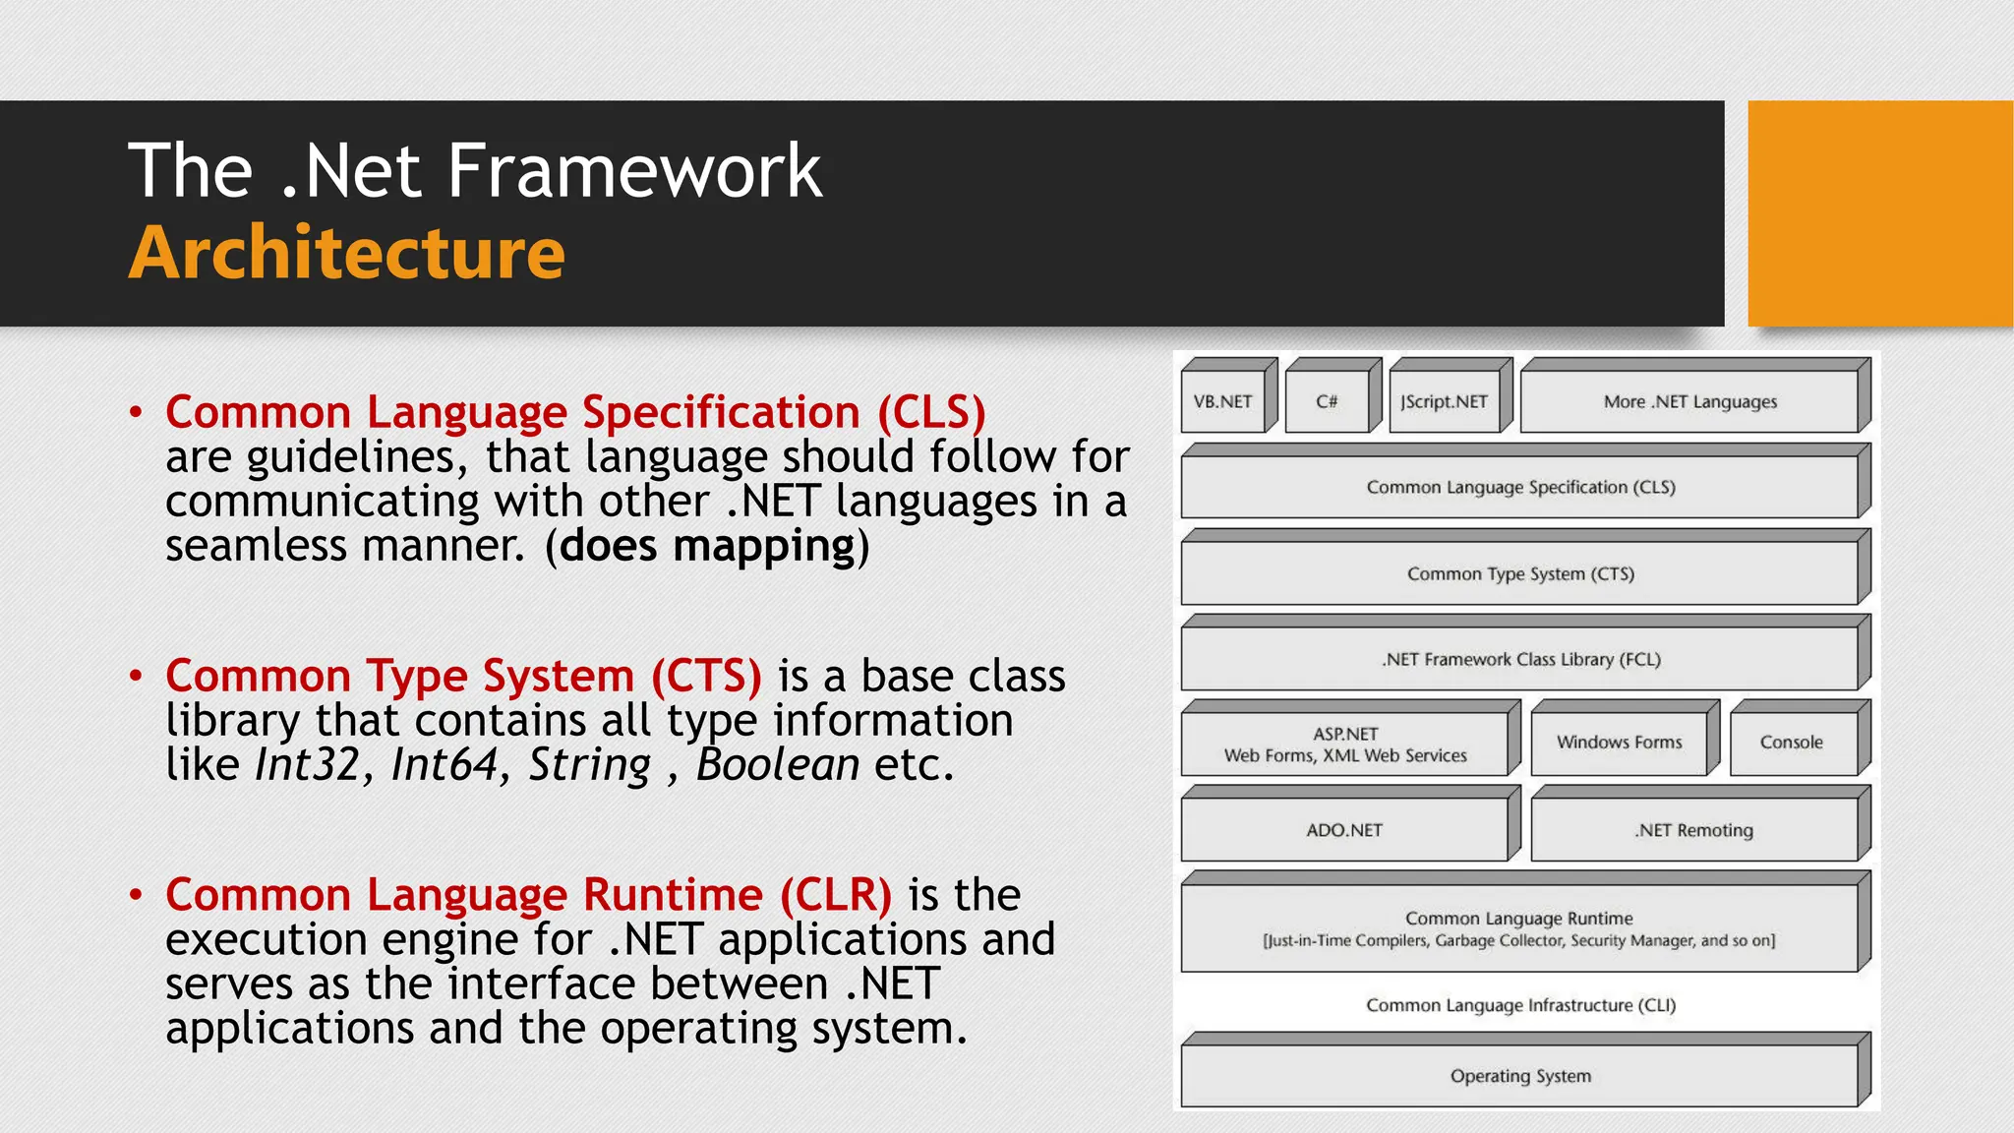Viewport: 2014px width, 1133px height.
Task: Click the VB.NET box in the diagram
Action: click(1223, 401)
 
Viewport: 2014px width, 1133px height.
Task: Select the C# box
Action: click(1327, 401)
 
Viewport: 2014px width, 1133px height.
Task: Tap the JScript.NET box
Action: click(1444, 401)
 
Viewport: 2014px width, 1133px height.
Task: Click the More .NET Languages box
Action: click(1689, 401)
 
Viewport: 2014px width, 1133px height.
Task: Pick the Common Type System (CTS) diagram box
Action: click(1520, 573)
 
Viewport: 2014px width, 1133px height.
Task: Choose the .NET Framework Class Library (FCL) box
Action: click(1520, 659)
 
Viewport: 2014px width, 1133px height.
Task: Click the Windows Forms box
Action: click(1619, 743)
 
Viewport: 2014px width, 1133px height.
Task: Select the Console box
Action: click(1791, 743)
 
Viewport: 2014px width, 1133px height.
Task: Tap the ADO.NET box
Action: click(1344, 830)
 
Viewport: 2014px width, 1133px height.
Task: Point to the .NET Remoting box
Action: click(1693, 830)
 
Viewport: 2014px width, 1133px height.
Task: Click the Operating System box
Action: click(1520, 1076)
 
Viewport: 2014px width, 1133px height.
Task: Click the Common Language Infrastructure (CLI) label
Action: click(1520, 1005)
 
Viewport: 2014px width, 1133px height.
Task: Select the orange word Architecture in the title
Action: click(346, 254)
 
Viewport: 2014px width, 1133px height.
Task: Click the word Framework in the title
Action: click(634, 171)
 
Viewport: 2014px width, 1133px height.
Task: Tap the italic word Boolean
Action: click(777, 765)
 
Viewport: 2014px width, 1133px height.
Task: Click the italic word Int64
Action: click(445, 765)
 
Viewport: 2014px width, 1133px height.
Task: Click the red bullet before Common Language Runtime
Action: click(136, 895)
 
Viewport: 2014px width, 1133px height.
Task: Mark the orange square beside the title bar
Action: click(1879, 213)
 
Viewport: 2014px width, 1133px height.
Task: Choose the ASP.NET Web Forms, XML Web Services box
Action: click(1344, 745)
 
